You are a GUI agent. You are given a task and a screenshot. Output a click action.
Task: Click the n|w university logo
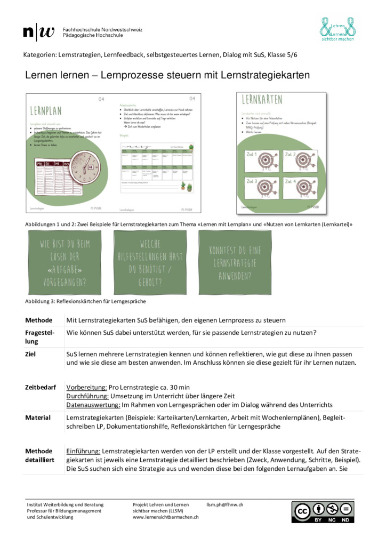point(39,31)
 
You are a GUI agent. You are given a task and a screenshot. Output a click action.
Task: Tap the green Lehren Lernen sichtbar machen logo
point(337,29)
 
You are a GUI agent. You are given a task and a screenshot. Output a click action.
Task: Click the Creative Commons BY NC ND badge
point(322,512)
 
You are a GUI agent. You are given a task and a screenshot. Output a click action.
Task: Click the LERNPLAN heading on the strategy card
point(46,111)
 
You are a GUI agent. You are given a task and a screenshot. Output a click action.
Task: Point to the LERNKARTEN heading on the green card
point(262,100)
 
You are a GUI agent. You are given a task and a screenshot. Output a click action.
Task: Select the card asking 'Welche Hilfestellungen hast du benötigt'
point(150,262)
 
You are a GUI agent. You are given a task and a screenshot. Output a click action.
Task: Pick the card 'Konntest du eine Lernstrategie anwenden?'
point(235,262)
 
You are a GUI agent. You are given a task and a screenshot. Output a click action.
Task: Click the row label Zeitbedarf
point(40,387)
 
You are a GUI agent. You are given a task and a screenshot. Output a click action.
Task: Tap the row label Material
point(38,417)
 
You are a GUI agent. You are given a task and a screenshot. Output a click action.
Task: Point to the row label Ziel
point(31,354)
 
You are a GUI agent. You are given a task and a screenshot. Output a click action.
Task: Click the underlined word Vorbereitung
point(86,387)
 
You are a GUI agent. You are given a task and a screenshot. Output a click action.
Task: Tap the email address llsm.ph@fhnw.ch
point(225,504)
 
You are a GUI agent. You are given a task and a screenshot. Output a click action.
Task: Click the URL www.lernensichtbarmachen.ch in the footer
point(166,517)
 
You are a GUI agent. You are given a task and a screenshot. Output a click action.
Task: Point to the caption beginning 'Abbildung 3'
point(85,301)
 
